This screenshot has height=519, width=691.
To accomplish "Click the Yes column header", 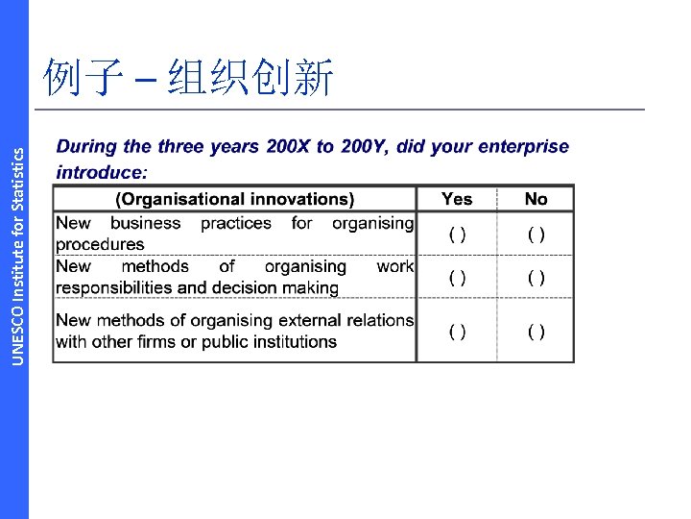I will click(457, 199).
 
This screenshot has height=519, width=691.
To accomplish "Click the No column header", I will click(536, 199).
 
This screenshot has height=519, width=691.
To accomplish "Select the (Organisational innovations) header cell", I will click(235, 199).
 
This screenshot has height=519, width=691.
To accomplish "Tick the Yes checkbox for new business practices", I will click(458, 235).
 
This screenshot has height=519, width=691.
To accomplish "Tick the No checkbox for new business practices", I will click(536, 235).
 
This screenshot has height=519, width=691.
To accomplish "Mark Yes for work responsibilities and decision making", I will click(458, 278).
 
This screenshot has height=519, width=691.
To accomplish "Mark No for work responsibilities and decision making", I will click(536, 278).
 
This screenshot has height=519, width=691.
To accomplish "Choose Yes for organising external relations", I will click(458, 332).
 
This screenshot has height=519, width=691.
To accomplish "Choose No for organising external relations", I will click(536, 332).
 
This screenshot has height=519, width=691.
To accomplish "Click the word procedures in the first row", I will click(100, 244).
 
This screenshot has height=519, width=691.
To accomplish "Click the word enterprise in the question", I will click(522, 147).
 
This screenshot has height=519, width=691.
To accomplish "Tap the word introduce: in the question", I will click(102, 173).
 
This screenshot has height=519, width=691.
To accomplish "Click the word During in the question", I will click(86, 147).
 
